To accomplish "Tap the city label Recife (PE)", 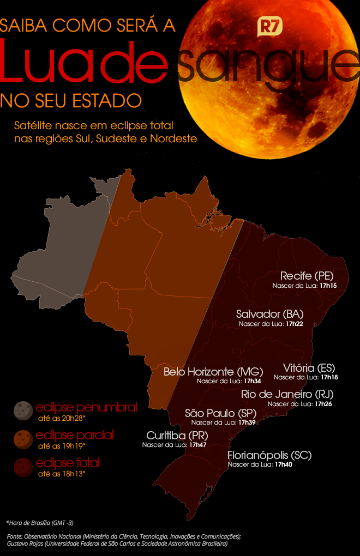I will tap(306, 275).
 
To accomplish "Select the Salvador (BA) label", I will tap(269, 314).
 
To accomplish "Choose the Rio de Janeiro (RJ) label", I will tap(287, 394).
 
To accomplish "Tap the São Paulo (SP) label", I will tap(217, 413).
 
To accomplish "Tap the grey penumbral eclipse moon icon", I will tap(23, 410).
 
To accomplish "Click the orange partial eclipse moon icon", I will tap(23, 438).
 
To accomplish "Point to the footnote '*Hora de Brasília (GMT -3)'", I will tap(40, 522).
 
